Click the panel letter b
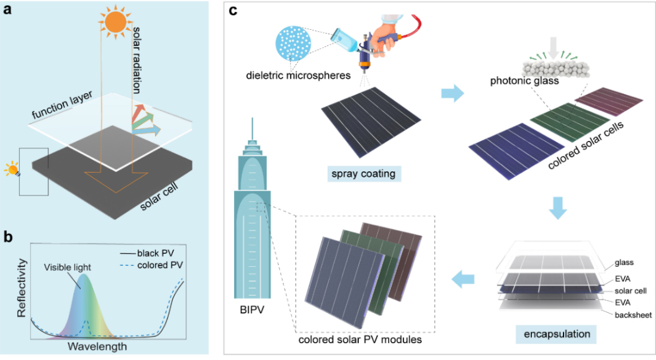pyautogui.click(x=8, y=236)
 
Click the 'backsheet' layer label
pyautogui.click(x=632, y=315)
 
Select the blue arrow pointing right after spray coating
pyautogui.click(x=452, y=95)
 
